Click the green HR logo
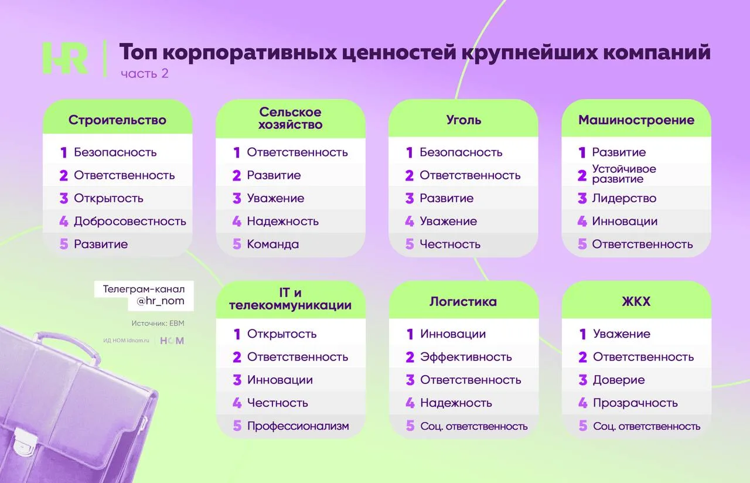[x=66, y=58]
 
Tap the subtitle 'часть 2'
[x=144, y=74]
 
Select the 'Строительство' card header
[x=118, y=120]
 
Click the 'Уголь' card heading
[x=463, y=120]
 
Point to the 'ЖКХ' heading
[x=636, y=301]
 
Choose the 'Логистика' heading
[x=463, y=301]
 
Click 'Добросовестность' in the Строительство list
[x=130, y=221]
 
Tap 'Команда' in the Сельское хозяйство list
[x=273, y=244]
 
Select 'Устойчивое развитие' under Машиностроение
[x=624, y=174]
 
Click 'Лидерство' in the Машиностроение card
[x=624, y=198]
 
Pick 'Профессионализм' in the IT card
[x=298, y=426]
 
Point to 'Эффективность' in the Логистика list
[x=466, y=357]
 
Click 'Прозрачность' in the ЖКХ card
[x=635, y=403]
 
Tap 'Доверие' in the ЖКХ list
[x=619, y=380]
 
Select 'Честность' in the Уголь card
[x=450, y=244]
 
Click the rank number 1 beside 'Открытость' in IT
[x=237, y=334]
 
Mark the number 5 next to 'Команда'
[x=237, y=244]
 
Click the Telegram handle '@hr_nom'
[x=161, y=301]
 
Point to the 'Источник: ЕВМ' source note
[x=158, y=323]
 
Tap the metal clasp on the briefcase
[x=23, y=443]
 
